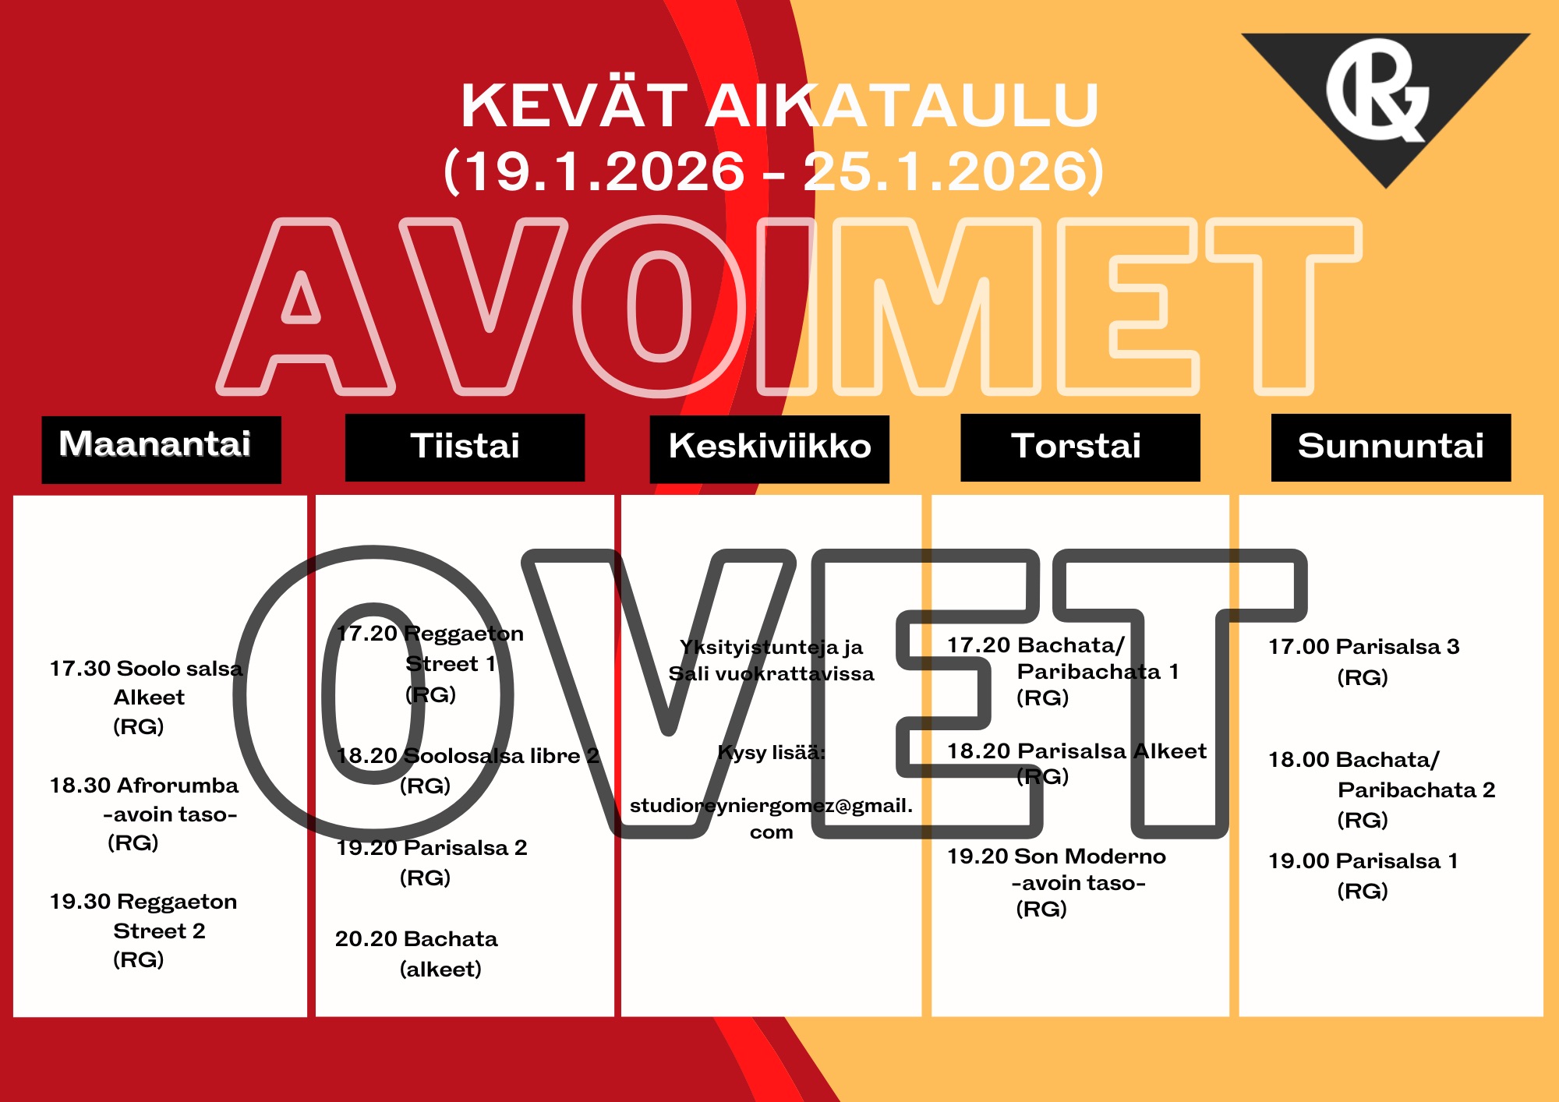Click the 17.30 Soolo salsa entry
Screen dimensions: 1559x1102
point(147,698)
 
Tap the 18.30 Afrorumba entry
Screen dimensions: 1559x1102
point(144,814)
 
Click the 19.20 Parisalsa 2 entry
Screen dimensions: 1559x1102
point(432,862)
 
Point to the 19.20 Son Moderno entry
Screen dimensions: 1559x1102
point(1057,882)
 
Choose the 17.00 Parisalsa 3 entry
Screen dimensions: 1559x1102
point(1364,662)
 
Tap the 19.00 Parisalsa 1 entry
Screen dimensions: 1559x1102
point(1363,875)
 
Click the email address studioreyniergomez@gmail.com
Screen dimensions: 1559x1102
point(771,818)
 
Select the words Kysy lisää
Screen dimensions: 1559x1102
point(771,752)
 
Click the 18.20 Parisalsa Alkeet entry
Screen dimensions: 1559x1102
point(1076,764)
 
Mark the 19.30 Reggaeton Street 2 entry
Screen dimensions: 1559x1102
point(143,931)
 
